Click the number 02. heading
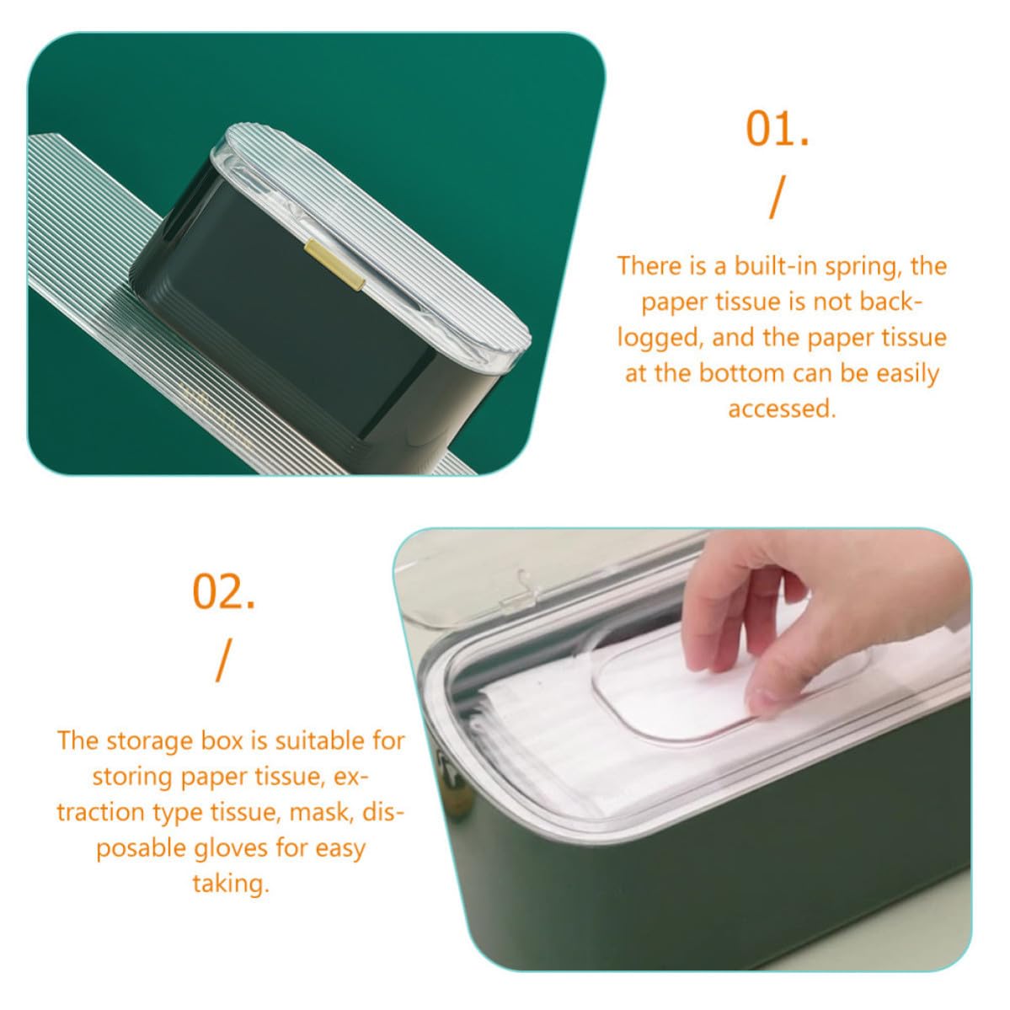click(x=223, y=591)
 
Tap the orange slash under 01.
click(x=778, y=198)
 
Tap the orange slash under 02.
click(x=222, y=661)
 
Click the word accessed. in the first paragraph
click(x=782, y=409)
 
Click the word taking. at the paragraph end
click(x=231, y=884)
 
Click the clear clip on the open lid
click(x=517, y=591)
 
